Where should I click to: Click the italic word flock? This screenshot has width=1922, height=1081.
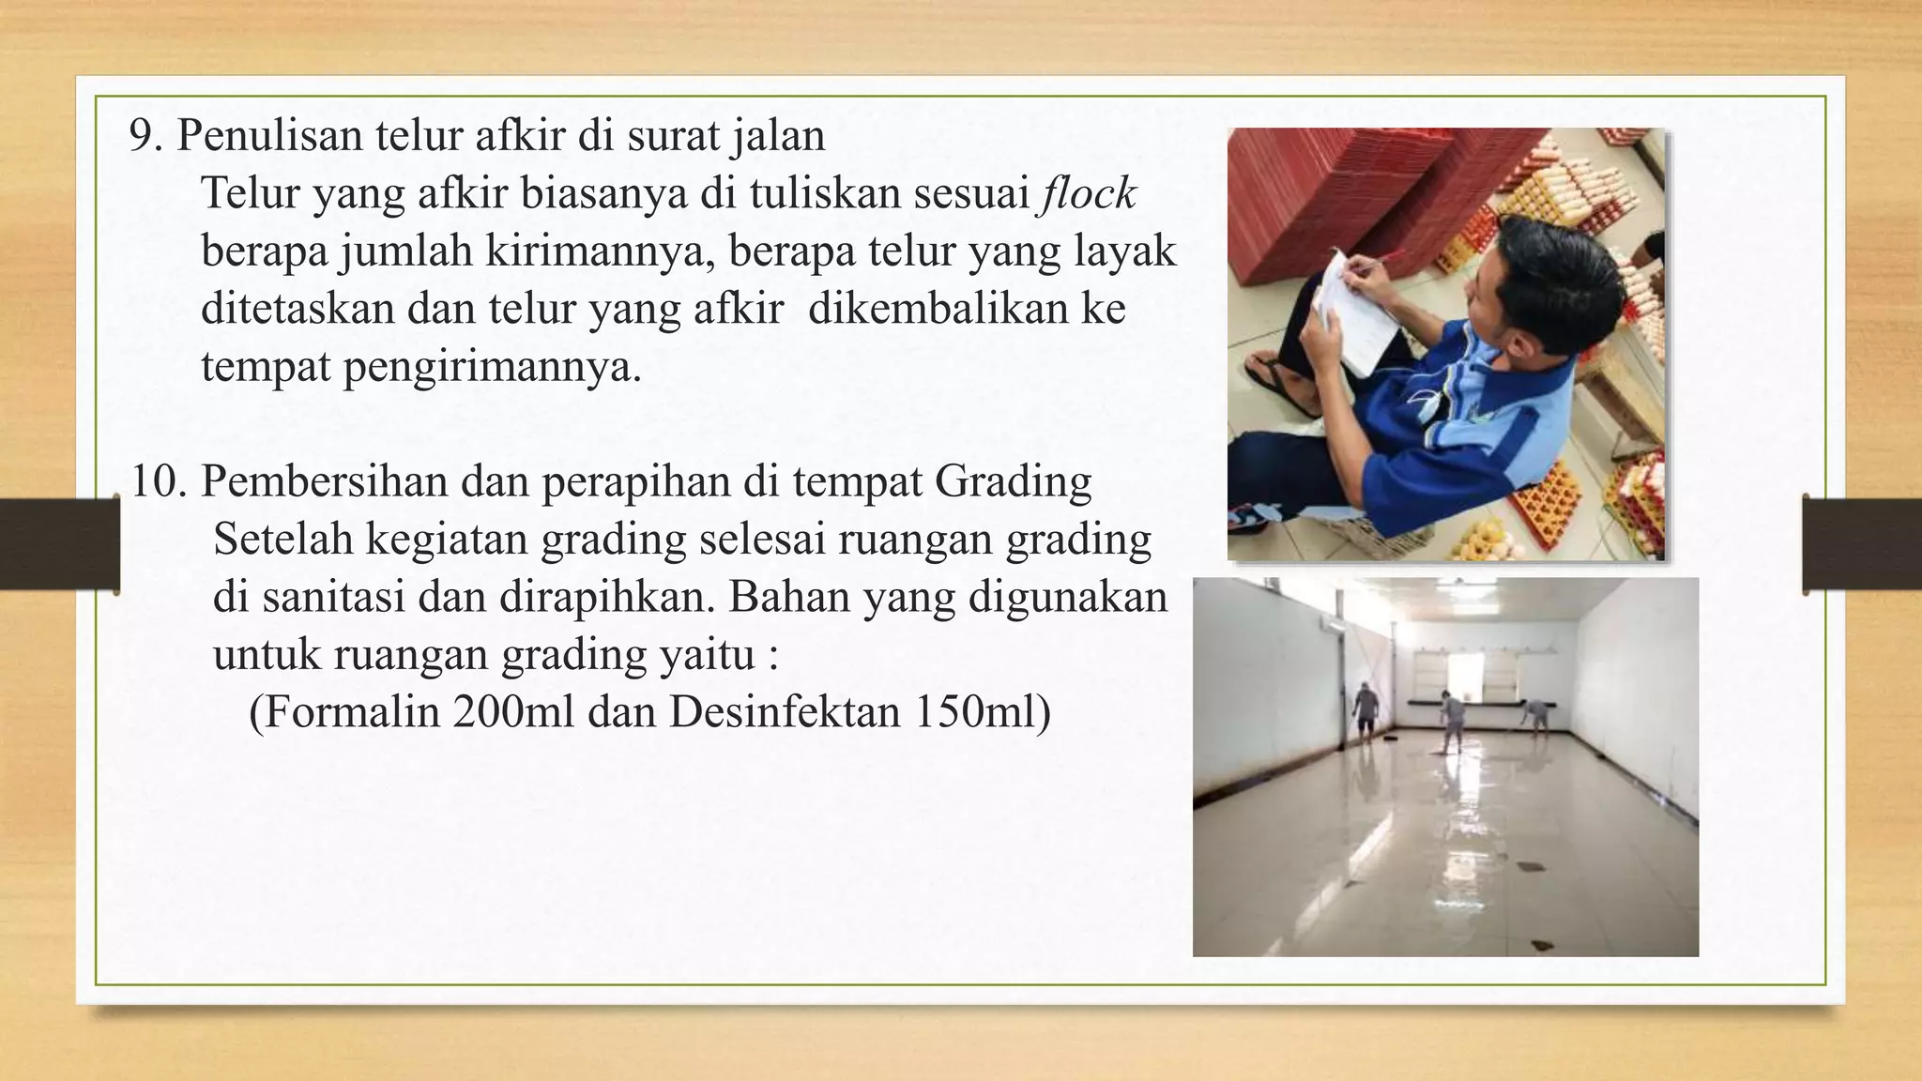point(1087,194)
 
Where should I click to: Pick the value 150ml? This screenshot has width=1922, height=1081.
point(976,711)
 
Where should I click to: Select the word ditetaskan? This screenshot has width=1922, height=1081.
point(297,309)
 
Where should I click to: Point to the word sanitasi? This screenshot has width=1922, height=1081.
point(333,597)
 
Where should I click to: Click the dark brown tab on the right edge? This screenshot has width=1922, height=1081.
point(1862,544)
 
